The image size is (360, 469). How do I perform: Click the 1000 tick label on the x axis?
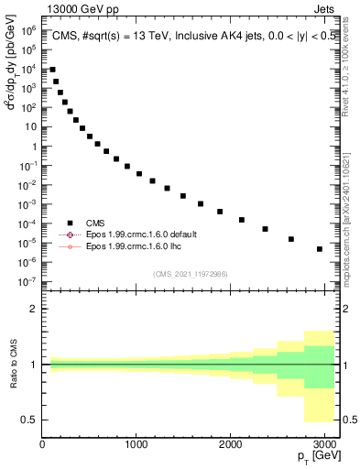tap(136, 445)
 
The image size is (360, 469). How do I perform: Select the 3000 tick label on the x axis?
tap(323, 445)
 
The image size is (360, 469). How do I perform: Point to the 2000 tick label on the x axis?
tap(230, 445)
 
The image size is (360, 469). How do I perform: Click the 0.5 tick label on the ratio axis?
tap(28, 420)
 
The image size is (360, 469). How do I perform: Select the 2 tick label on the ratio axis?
tap(32, 309)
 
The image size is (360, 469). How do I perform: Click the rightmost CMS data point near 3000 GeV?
tap(320, 249)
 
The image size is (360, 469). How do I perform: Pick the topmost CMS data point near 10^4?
tap(52, 70)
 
